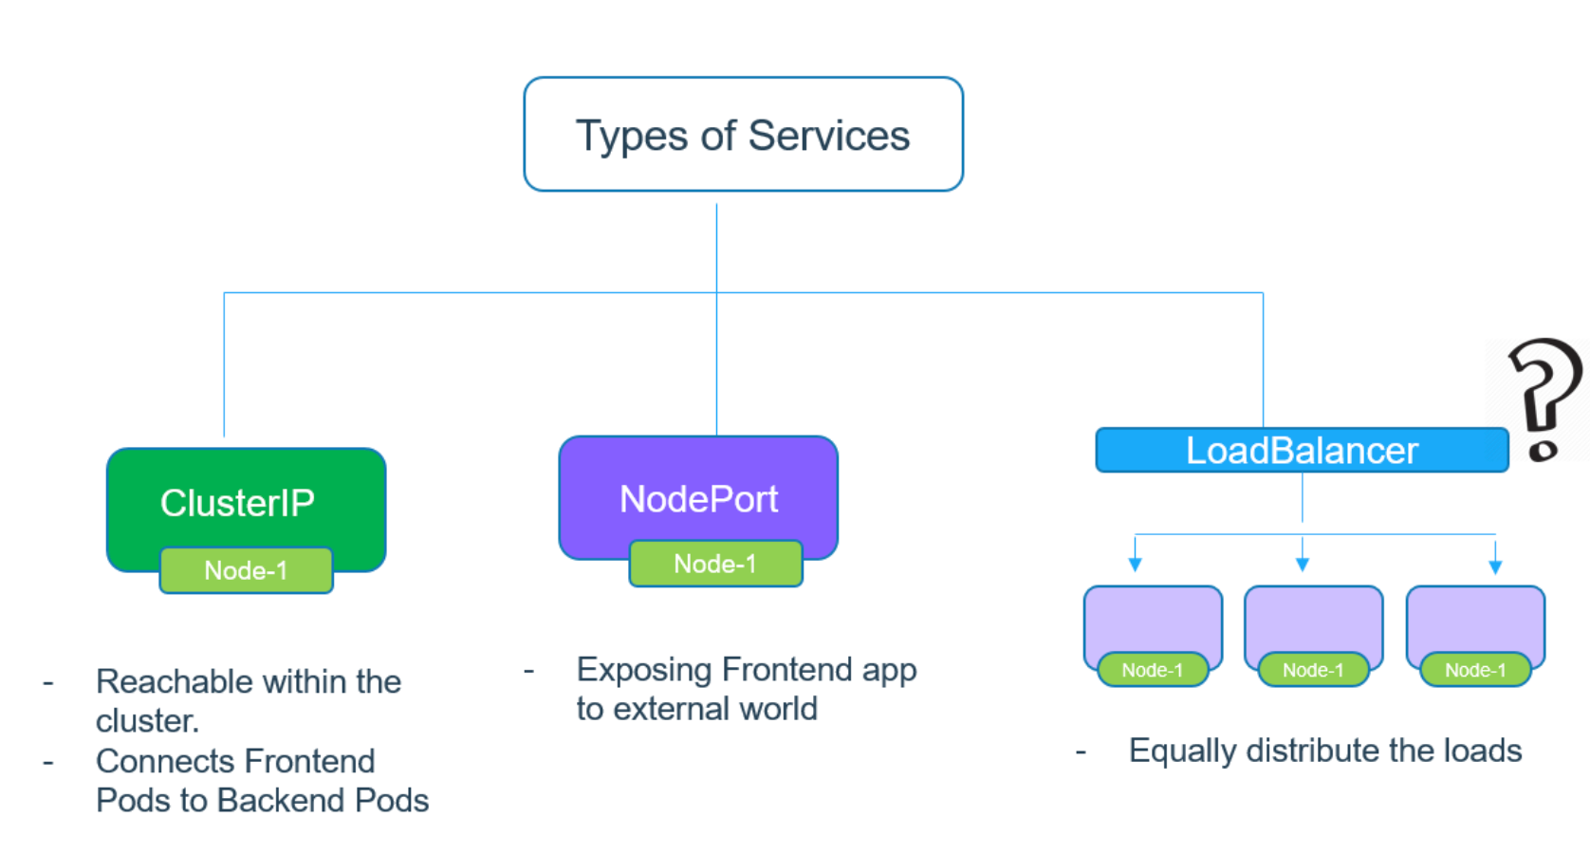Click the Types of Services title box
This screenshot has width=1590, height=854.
743,134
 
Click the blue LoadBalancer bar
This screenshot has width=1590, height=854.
1302,450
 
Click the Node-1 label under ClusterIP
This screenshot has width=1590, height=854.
247,570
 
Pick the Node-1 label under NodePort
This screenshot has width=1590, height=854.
715,564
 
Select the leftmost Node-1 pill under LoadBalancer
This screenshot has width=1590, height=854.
1153,669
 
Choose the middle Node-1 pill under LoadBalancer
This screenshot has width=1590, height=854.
1313,669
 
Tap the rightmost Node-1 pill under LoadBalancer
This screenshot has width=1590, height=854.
1475,669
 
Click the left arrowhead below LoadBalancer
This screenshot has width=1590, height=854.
1135,566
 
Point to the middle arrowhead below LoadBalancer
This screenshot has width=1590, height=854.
1302,566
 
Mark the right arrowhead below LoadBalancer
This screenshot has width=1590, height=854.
1495,566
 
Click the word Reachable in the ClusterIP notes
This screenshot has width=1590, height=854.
174,681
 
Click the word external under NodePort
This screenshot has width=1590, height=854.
680,709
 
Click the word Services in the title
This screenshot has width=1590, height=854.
829,135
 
